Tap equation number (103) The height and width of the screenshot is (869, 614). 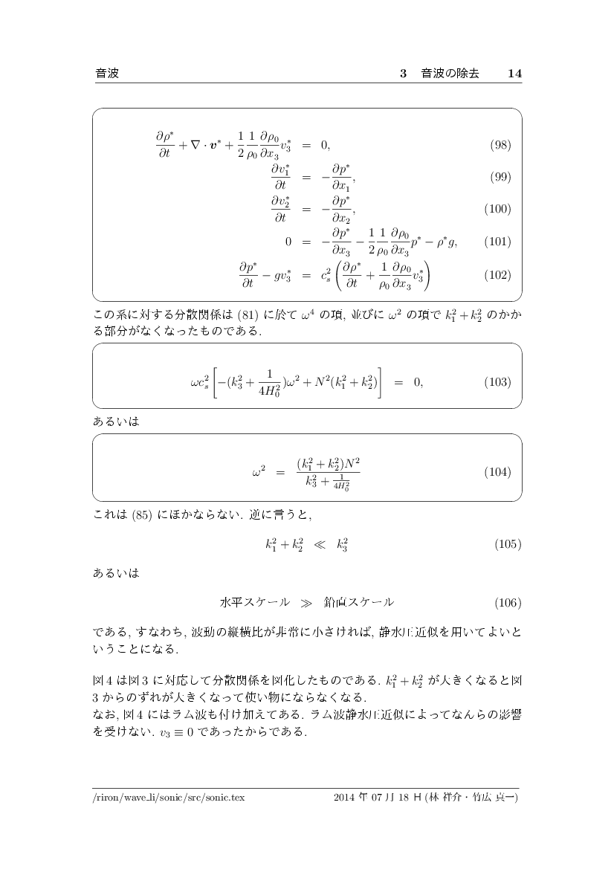(x=497, y=382)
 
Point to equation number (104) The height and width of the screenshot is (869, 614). (x=497, y=472)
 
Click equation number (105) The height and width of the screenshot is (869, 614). (x=508, y=544)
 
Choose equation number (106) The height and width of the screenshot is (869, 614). (x=508, y=601)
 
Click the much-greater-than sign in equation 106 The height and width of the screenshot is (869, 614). (x=307, y=601)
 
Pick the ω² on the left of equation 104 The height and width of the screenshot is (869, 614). (x=259, y=472)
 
